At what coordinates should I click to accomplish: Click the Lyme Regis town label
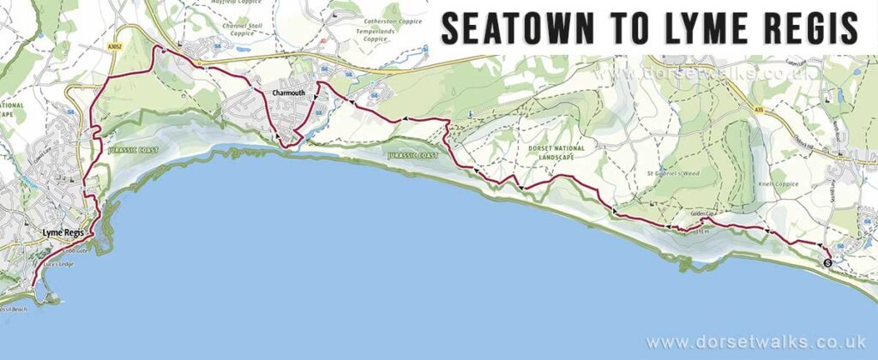63,231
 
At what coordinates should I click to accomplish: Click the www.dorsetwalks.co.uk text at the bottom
755,342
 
